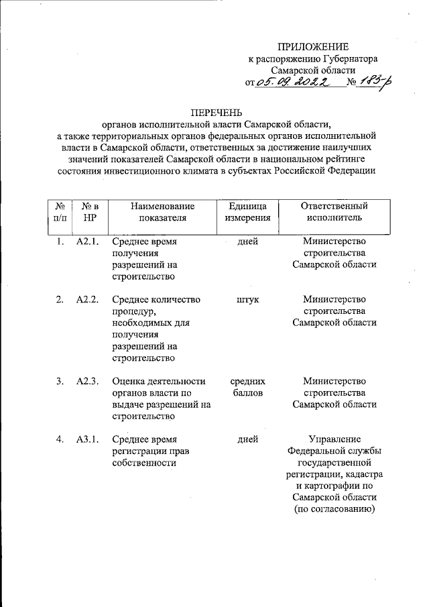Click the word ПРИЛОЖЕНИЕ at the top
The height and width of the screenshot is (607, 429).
tap(314, 47)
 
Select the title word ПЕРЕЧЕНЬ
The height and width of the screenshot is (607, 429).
tap(214, 111)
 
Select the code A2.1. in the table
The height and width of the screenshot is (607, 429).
tap(88, 241)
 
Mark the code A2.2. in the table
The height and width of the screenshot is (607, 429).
tap(88, 299)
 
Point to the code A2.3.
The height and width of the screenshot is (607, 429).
tap(88, 381)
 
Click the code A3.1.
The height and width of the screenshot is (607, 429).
tap(88, 439)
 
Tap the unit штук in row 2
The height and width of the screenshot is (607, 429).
tap(248, 299)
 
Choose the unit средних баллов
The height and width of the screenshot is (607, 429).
tap(248, 387)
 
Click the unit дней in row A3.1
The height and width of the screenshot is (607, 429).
tap(248, 439)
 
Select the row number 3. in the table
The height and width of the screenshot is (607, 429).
tap(60, 381)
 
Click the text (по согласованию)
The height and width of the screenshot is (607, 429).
tap(334, 510)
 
